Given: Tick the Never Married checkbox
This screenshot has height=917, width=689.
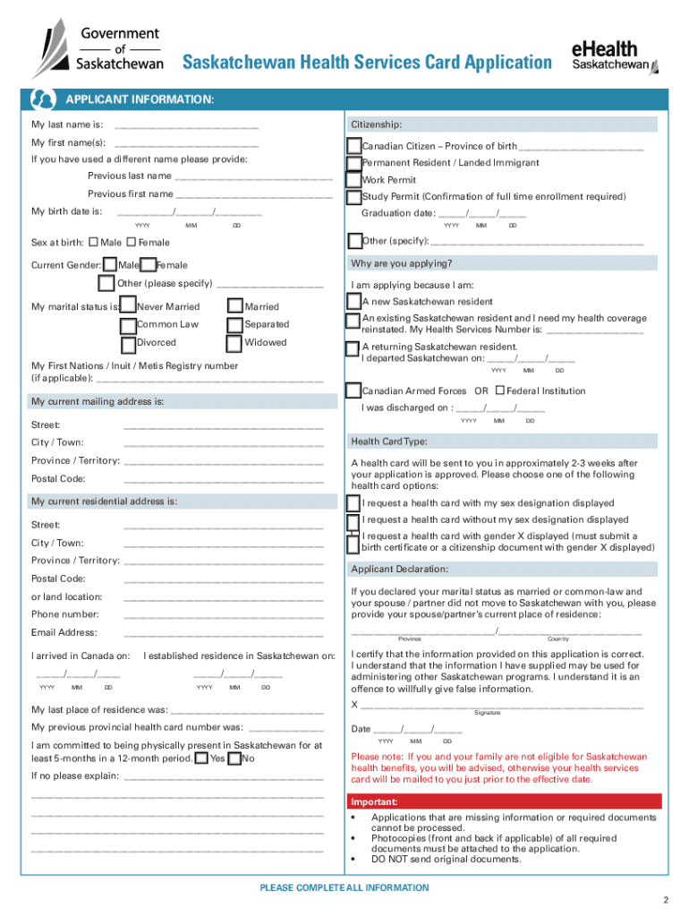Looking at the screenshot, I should (129, 307).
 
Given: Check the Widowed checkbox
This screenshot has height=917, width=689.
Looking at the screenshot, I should (234, 343).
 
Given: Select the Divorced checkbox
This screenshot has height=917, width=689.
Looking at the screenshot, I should (129, 343).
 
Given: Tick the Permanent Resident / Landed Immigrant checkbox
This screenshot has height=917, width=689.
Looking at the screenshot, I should (354, 163).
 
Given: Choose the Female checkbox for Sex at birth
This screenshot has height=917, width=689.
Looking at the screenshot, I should (132, 242).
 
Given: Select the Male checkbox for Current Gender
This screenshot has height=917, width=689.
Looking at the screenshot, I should (110, 265).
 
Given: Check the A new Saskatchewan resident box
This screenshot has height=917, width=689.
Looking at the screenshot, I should (354, 302).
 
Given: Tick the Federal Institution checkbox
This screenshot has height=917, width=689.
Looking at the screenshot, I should (499, 390).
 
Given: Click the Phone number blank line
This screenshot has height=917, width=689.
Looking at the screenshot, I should (224, 617).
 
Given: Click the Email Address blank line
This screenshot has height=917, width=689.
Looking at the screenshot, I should (224, 635).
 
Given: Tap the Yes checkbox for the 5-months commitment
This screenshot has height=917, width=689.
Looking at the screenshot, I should (202, 758).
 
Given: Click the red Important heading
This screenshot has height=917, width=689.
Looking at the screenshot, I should (374, 801).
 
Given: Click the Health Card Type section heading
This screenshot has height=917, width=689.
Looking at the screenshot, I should (388, 441).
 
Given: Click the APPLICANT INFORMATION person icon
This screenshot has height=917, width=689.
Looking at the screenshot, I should (42, 98).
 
